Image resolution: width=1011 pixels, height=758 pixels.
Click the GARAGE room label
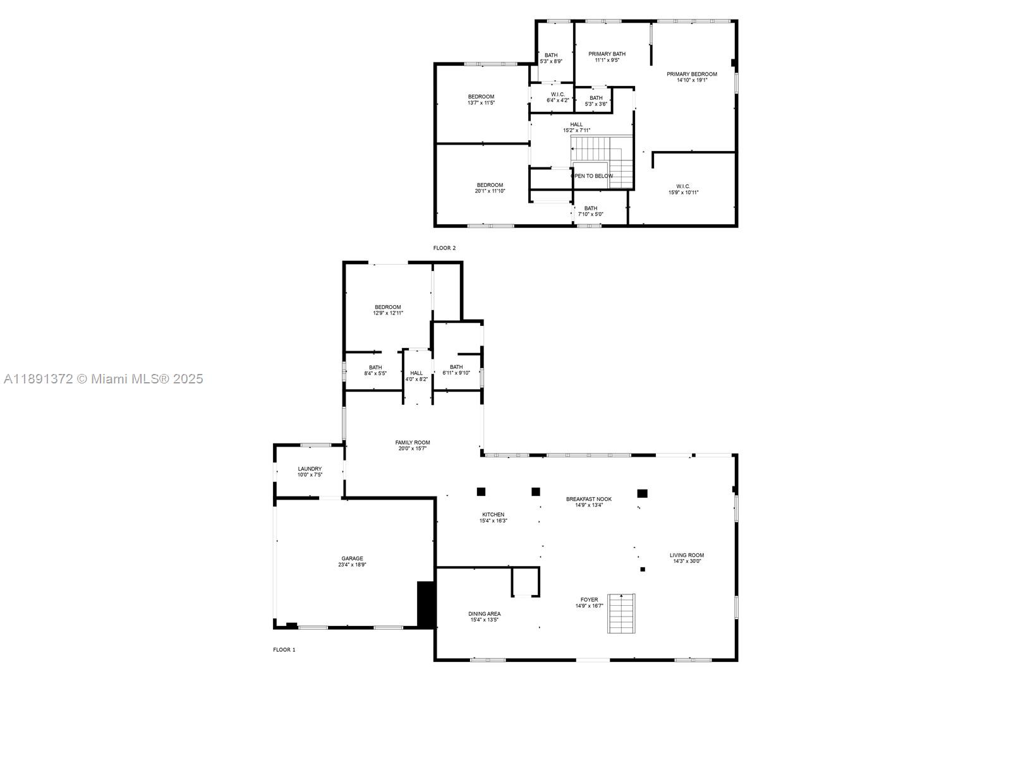click(x=352, y=558)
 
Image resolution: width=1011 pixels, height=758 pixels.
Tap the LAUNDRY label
click(x=310, y=469)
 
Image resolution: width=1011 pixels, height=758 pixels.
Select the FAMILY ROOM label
click(x=413, y=442)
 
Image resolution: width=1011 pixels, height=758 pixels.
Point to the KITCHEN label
click(x=493, y=514)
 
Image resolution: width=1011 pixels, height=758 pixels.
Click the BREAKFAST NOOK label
click(x=588, y=499)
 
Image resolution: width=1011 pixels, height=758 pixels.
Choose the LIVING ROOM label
click(x=686, y=555)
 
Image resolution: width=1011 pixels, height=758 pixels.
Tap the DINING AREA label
click(x=485, y=613)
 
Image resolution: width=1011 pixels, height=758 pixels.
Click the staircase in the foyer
click(x=621, y=613)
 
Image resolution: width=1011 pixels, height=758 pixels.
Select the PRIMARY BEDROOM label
click(x=692, y=74)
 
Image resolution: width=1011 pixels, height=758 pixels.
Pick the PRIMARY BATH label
click(x=607, y=54)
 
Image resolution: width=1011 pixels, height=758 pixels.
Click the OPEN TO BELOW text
click(x=593, y=176)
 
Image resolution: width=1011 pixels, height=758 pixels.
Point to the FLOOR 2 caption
click(x=444, y=248)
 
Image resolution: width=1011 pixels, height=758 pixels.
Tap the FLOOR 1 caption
click(x=284, y=649)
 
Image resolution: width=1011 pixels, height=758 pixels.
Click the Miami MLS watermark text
click(x=104, y=379)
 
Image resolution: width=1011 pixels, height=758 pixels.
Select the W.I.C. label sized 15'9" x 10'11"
click(x=682, y=186)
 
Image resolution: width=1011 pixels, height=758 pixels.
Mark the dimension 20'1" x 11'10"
click(x=490, y=191)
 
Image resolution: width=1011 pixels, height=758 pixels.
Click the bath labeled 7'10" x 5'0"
click(x=590, y=208)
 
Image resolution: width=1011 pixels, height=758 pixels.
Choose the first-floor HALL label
click(x=416, y=373)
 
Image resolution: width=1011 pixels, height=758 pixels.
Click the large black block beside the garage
click(x=425, y=604)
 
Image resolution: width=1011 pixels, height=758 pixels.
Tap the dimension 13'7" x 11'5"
click(x=481, y=102)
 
